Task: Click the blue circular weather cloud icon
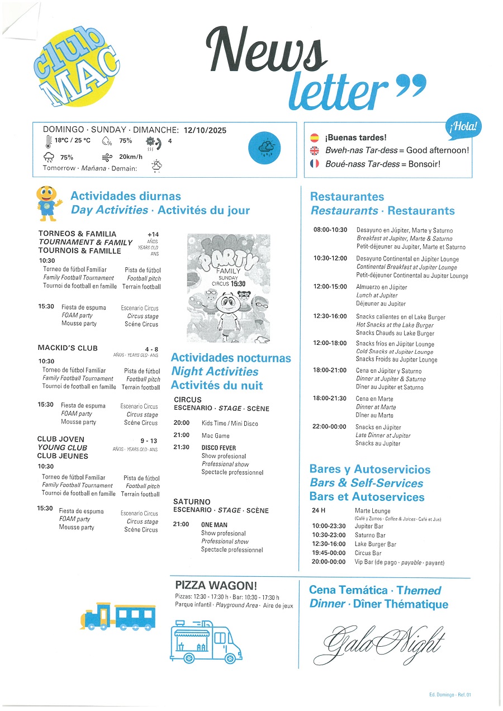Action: pyautogui.click(x=265, y=148)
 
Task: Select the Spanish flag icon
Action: pyautogui.click(x=315, y=138)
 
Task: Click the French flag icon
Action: pyautogui.click(x=315, y=164)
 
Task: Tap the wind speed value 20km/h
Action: pyautogui.click(x=131, y=157)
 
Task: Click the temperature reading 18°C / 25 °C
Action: pyautogui.click(x=72, y=141)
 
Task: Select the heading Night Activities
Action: pyautogui.click(x=215, y=372)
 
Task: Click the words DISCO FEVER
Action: pyautogui.click(x=219, y=448)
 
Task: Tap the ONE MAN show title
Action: pyautogui.click(x=214, y=525)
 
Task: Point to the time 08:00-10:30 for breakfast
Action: pyautogui.click(x=330, y=230)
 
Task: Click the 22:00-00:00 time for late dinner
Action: pyautogui.click(x=330, y=427)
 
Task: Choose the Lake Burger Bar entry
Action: pyautogui.click(x=375, y=544)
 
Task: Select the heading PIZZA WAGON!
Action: pyautogui.click(x=216, y=586)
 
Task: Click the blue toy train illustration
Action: pyautogui.click(x=118, y=617)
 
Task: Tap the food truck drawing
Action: pyautogui.click(x=206, y=639)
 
